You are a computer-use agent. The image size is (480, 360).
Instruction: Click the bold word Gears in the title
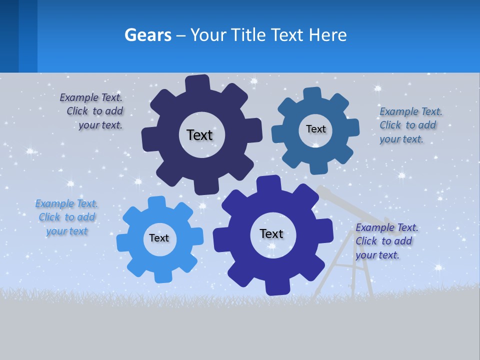pos(148,35)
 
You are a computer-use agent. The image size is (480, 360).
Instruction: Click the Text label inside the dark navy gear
pos(199,135)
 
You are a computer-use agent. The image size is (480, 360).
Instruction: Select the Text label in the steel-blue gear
pos(315,129)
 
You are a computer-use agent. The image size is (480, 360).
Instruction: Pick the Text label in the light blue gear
pos(159,238)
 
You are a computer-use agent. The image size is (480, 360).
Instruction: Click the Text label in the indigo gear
pos(271,233)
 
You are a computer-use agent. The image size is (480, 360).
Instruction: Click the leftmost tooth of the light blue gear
pos(123,243)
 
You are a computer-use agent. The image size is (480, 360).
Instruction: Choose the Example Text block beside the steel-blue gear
pos(410,125)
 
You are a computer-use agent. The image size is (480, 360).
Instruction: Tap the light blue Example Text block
pos(66,217)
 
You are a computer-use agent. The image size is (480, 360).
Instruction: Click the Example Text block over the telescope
pos(386,241)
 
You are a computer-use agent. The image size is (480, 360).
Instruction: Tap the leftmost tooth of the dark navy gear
pos(148,139)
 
